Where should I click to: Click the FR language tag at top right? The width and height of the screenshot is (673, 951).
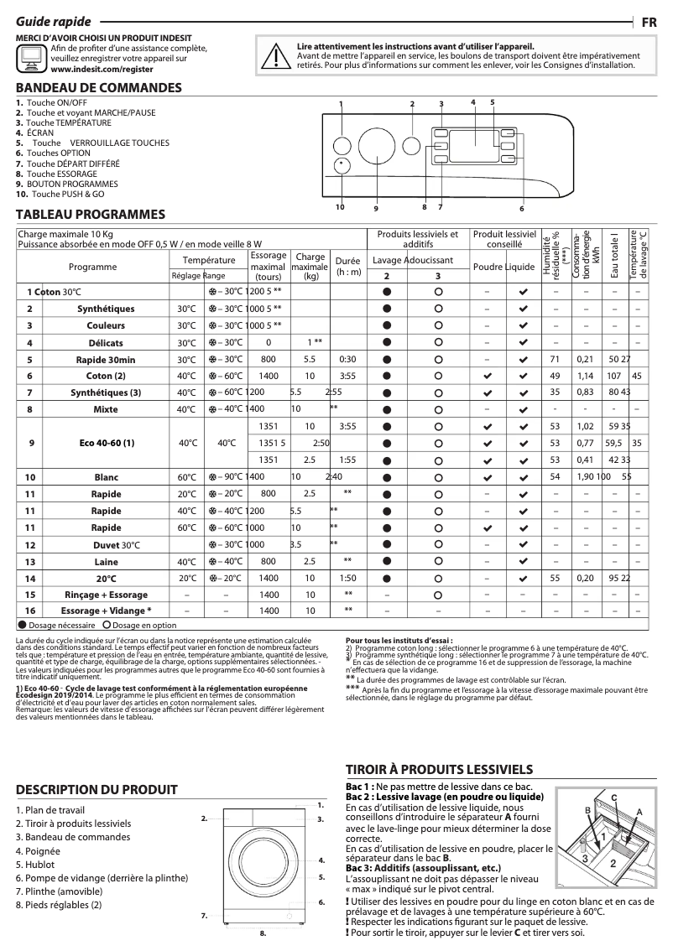tap(650, 22)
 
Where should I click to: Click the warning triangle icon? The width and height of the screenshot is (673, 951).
tap(270, 55)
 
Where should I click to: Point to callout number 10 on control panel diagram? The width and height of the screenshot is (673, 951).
tap(340, 205)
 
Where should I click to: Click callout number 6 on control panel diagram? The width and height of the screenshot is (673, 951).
tap(520, 207)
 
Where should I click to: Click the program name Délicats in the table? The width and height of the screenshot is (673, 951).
tap(106, 342)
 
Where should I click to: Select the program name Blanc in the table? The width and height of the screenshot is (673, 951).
tap(106, 476)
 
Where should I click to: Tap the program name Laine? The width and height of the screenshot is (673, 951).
tap(106, 561)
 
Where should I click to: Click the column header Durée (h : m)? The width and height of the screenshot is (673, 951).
tap(347, 266)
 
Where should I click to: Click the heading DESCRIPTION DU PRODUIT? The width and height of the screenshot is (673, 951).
tap(97, 789)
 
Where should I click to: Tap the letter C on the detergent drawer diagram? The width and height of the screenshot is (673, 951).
tap(613, 796)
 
